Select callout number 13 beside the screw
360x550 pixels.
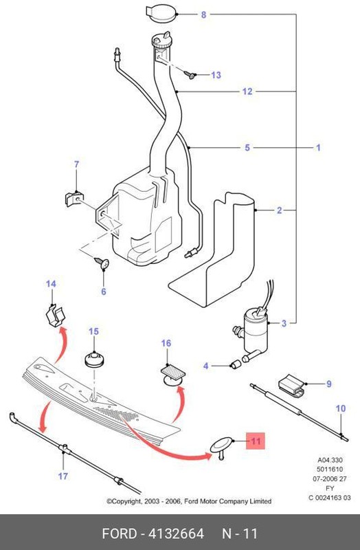(216, 75)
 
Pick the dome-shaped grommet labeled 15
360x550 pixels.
(93, 360)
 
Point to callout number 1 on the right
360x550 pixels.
(318, 147)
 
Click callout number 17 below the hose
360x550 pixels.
(63, 476)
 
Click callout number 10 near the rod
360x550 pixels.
(341, 408)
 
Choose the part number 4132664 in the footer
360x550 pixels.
(171, 533)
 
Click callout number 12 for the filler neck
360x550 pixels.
(247, 91)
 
